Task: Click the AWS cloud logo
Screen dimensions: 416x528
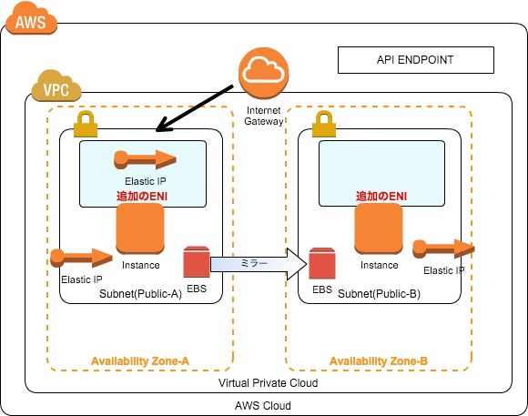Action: [x=31, y=18]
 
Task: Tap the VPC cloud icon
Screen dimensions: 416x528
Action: [x=56, y=86]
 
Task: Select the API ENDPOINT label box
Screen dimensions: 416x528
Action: [x=415, y=60]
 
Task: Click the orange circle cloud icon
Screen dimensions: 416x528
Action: [x=264, y=73]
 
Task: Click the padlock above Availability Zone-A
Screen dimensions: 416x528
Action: [x=86, y=124]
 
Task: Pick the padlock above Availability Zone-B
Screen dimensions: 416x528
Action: [x=323, y=124]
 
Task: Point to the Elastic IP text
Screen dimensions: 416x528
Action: [x=145, y=181]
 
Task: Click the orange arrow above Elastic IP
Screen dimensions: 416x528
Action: [x=145, y=159]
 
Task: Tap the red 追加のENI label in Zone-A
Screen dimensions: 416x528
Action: [x=141, y=196]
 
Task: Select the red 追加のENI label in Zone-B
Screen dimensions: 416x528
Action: [x=381, y=196]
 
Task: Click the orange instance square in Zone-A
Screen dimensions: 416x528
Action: [x=140, y=228]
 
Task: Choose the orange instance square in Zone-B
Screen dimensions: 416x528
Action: [x=379, y=228]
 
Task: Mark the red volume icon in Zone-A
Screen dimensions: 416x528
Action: [x=197, y=262]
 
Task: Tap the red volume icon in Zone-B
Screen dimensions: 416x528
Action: [x=321, y=263]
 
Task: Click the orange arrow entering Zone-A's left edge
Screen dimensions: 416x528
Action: [x=81, y=258]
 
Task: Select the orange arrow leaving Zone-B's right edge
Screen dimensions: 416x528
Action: [x=443, y=248]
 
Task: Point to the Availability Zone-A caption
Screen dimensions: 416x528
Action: [x=140, y=361]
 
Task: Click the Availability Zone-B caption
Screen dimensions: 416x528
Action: [x=379, y=361]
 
